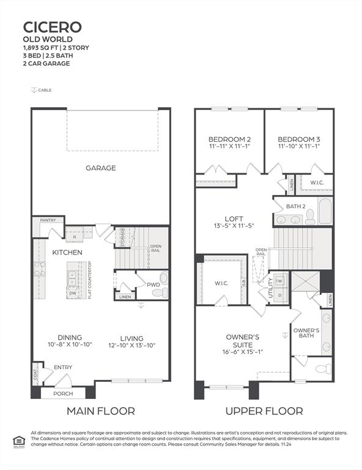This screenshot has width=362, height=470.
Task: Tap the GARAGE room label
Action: point(100,168)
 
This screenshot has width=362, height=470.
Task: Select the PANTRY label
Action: point(48,220)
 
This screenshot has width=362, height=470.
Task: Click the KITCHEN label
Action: point(67,252)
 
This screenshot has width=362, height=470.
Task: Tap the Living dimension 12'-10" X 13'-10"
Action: point(132,346)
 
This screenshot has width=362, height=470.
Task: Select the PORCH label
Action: point(63,394)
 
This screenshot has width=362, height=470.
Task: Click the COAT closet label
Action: point(35,373)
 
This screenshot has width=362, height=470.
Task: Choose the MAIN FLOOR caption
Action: point(100,411)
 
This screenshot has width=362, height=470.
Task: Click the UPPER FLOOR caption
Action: point(264,411)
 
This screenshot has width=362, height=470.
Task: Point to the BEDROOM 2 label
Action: point(229,138)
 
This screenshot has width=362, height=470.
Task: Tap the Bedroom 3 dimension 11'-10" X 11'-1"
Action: point(299,147)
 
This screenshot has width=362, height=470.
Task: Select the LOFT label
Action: point(234,217)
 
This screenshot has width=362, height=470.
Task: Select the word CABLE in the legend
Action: point(45,91)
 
